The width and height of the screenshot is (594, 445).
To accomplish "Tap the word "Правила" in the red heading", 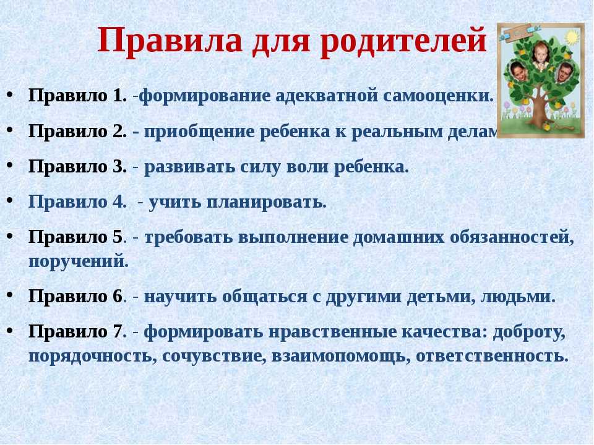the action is (x=170, y=40).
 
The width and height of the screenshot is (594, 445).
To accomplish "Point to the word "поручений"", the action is (x=78, y=261).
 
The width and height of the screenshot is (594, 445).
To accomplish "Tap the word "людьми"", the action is (x=517, y=297).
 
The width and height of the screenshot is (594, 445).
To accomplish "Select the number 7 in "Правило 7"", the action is (x=117, y=332).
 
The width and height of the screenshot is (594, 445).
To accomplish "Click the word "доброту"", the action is (x=529, y=333).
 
